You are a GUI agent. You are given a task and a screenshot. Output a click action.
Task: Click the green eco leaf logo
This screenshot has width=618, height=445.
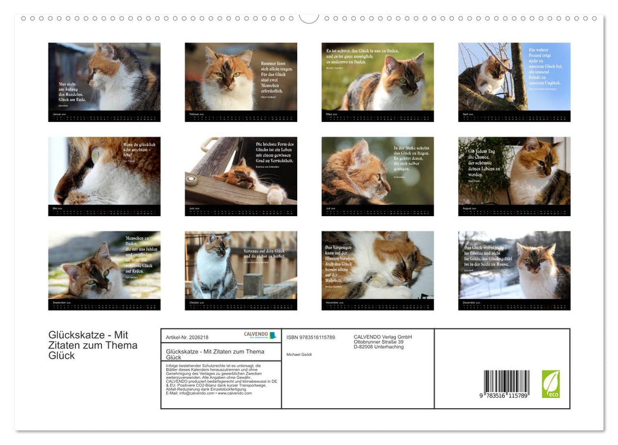551,384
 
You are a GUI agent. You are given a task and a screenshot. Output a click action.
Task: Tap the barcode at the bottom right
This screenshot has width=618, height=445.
506,384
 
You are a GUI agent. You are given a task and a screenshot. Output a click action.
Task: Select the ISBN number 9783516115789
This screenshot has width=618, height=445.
311,337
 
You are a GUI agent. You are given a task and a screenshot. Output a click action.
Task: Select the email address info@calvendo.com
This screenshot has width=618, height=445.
191,393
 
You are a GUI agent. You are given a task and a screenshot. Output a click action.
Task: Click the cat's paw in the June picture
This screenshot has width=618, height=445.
276,195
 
